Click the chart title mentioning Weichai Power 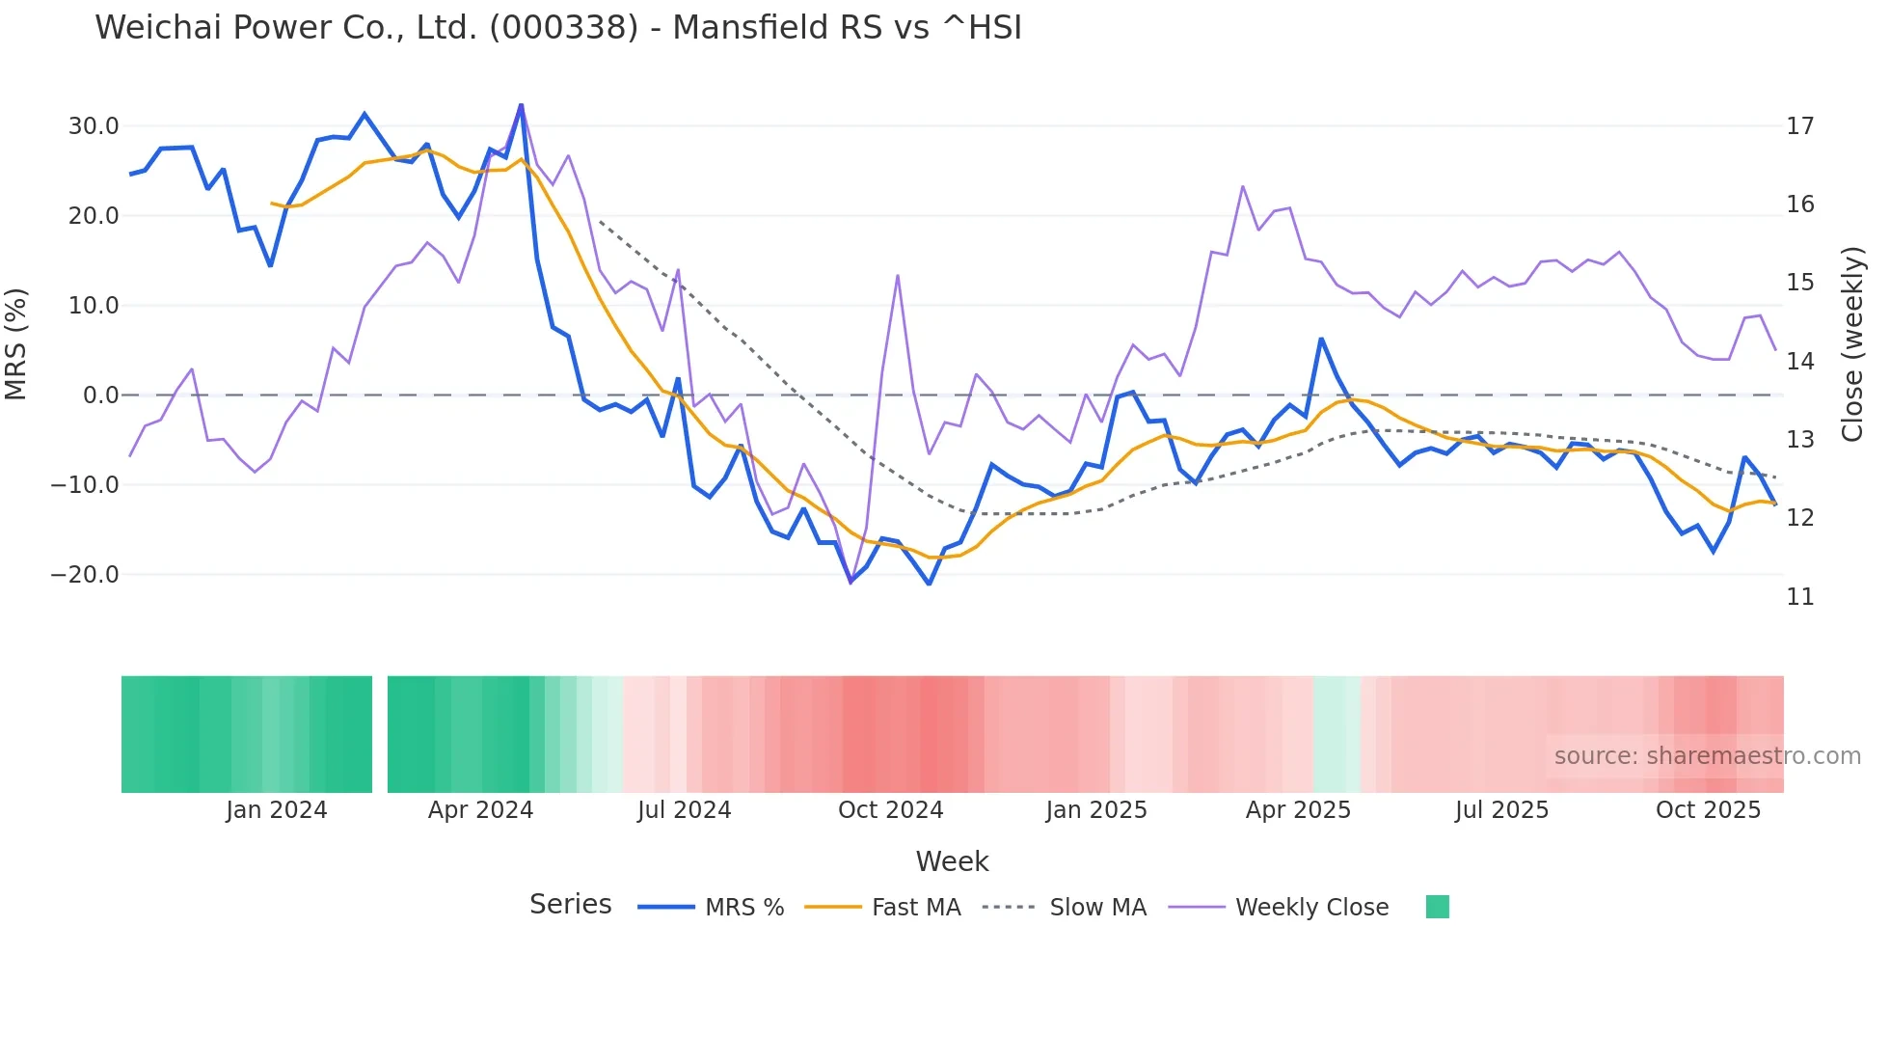558,28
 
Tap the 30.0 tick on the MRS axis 94,126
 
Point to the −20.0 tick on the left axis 85,575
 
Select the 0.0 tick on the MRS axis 101,395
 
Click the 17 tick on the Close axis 1799,126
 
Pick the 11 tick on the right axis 1799,597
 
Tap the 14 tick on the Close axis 1799,362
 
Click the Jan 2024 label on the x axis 277,810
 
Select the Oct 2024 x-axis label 890,810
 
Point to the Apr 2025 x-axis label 1298,810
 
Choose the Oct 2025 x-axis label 1708,810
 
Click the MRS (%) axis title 16,343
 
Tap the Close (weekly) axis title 1852,343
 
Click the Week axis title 952,861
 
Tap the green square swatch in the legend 1437,907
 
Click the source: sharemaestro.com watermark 1707,756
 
